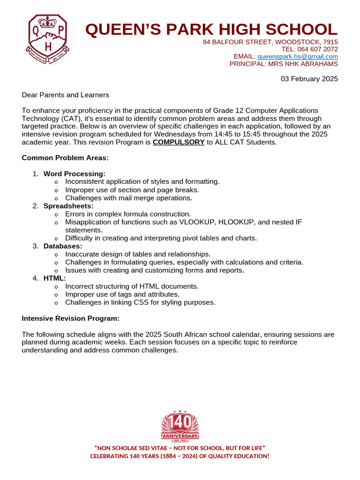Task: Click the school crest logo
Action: click(48, 39)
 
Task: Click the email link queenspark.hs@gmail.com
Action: click(298, 56)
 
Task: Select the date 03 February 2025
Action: click(309, 79)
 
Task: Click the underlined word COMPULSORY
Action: click(179, 142)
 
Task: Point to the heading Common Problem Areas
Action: click(65, 158)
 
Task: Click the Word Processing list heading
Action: click(74, 174)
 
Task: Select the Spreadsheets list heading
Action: click(68, 206)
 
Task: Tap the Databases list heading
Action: click(63, 246)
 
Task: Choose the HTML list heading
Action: click(54, 278)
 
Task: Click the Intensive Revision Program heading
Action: click(71, 318)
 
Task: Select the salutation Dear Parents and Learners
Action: click(65, 95)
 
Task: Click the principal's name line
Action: click(283, 64)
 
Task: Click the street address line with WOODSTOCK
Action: click(270, 42)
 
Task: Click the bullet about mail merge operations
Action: click(128, 198)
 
